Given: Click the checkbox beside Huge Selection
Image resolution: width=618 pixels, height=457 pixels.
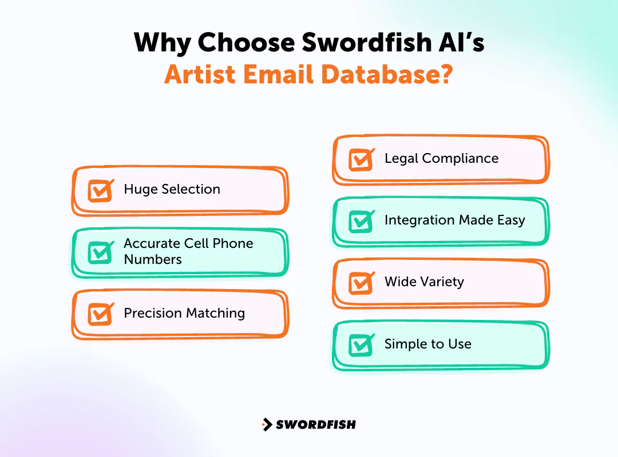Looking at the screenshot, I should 100,191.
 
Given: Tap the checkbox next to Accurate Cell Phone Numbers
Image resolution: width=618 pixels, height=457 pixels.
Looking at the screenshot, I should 100,252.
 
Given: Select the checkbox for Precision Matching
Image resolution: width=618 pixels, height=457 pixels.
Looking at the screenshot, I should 100,314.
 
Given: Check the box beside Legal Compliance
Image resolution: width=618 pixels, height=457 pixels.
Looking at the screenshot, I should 360,160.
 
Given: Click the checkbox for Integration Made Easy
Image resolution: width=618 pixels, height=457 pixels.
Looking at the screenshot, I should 360,222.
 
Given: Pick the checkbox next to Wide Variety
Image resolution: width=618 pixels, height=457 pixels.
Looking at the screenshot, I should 360,283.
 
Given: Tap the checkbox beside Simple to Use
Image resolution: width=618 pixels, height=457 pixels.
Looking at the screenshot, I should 360,345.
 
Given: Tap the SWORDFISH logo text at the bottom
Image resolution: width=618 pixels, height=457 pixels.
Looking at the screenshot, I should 316,424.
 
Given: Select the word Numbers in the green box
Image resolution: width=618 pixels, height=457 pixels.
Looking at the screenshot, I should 153,259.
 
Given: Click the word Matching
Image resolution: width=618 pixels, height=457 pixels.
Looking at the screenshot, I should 217,313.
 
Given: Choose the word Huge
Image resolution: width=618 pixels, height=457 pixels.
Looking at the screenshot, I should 140,190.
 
